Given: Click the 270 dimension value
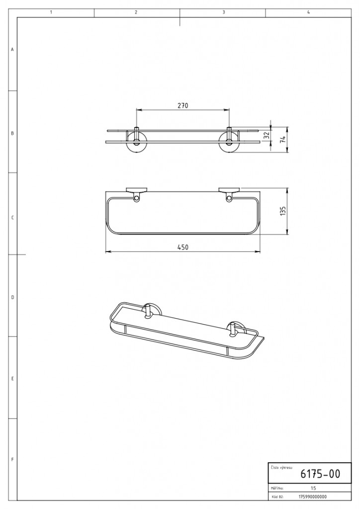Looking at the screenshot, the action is click(x=183, y=105).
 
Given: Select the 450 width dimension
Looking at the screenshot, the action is click(x=183, y=248).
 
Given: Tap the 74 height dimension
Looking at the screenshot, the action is click(x=282, y=139).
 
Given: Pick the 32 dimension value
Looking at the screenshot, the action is click(x=267, y=136).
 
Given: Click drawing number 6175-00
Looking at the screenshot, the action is click(x=320, y=474).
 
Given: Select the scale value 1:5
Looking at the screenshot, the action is click(x=313, y=488).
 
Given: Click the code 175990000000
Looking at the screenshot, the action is click(x=313, y=497).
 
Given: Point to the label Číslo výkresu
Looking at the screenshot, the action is click(x=281, y=468).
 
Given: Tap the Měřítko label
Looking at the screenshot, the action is click(x=277, y=488).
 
